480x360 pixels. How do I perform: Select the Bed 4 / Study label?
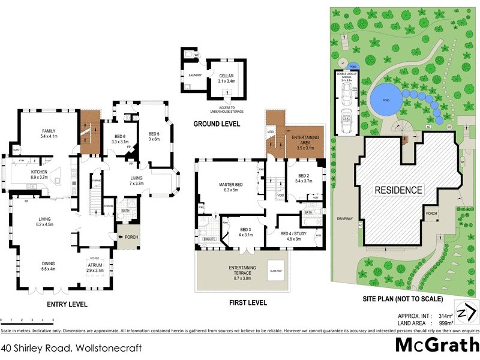pyautogui.click(x=294, y=235)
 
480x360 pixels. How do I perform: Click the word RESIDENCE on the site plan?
pyautogui.click(x=399, y=190)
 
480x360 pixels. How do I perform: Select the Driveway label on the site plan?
pyautogui.click(x=344, y=219)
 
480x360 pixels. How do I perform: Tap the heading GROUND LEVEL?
pyautogui.click(x=217, y=124)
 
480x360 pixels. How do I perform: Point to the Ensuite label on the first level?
pyautogui.click(x=209, y=239)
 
